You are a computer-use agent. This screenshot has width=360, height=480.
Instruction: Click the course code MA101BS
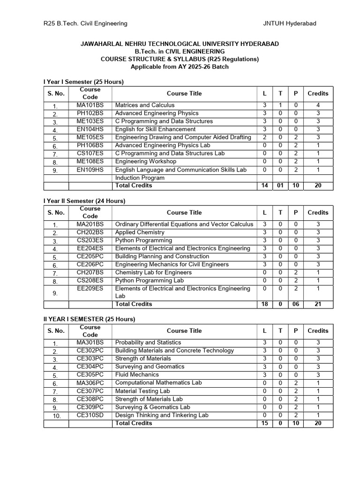click(x=90, y=105)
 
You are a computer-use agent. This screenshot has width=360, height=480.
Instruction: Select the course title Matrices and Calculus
click(x=145, y=105)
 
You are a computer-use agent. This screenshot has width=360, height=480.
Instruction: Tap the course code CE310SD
click(x=90, y=415)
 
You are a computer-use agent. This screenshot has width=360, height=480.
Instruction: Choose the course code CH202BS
click(x=90, y=232)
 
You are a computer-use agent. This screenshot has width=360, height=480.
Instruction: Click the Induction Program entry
click(x=140, y=178)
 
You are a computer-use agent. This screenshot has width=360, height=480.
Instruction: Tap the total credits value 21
click(x=318, y=304)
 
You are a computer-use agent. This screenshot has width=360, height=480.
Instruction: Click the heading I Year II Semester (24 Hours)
click(x=84, y=201)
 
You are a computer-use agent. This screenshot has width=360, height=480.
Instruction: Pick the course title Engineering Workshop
click(x=143, y=161)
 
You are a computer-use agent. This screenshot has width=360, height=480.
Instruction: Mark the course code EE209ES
click(x=90, y=288)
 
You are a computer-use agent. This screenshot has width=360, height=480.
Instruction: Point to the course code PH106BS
click(x=90, y=145)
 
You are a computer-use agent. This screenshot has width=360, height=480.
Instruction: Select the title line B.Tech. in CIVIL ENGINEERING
click(x=180, y=51)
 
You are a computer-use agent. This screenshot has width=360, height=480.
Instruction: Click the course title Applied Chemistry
click(x=140, y=232)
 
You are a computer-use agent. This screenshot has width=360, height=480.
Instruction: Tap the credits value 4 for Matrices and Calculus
click(x=318, y=105)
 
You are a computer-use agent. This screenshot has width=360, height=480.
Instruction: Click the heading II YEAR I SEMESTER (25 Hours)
click(x=89, y=319)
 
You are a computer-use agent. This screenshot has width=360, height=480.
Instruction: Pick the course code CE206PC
click(x=90, y=264)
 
